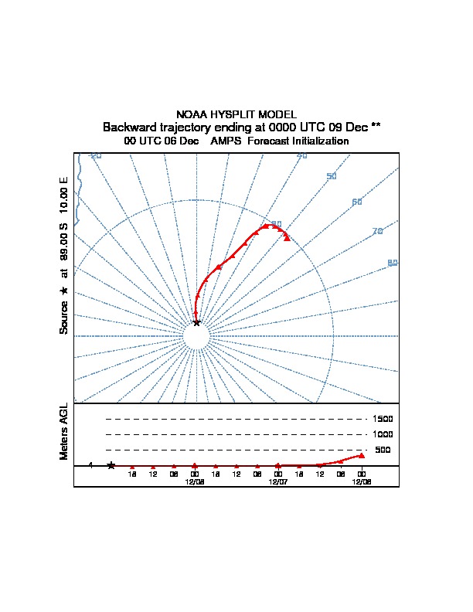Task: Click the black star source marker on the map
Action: tap(196, 322)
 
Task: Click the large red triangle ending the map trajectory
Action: tap(287, 238)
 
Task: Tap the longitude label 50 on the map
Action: tap(332, 176)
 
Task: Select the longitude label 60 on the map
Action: tap(357, 202)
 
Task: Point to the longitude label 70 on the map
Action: tap(377, 231)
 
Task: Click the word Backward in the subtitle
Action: tap(132, 127)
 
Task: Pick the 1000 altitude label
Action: tap(383, 434)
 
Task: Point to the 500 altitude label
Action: tap(383, 450)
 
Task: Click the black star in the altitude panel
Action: tap(111, 465)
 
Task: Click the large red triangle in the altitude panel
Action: tap(361, 455)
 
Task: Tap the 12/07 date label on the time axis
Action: tap(277, 481)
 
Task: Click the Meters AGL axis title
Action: tap(64, 431)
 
